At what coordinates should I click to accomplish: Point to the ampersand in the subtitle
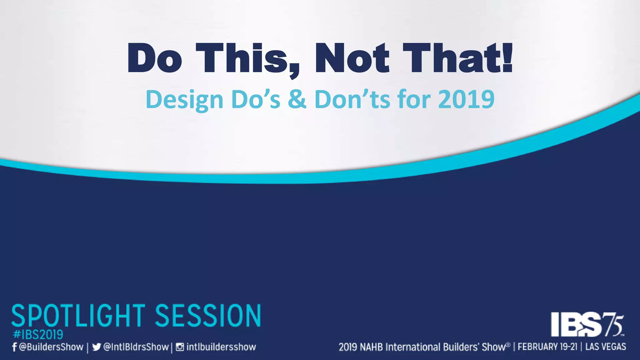point(297,99)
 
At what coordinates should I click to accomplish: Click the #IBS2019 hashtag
point(38,335)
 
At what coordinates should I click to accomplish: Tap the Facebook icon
point(14,347)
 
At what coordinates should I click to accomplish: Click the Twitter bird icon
point(96,347)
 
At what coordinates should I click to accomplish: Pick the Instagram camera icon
point(180,347)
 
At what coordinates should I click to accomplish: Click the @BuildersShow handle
point(51,347)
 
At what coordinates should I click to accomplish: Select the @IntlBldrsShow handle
point(136,347)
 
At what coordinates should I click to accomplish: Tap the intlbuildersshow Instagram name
point(221,347)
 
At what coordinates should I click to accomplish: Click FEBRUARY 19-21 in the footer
point(547,347)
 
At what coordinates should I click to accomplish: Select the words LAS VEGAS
point(606,347)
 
